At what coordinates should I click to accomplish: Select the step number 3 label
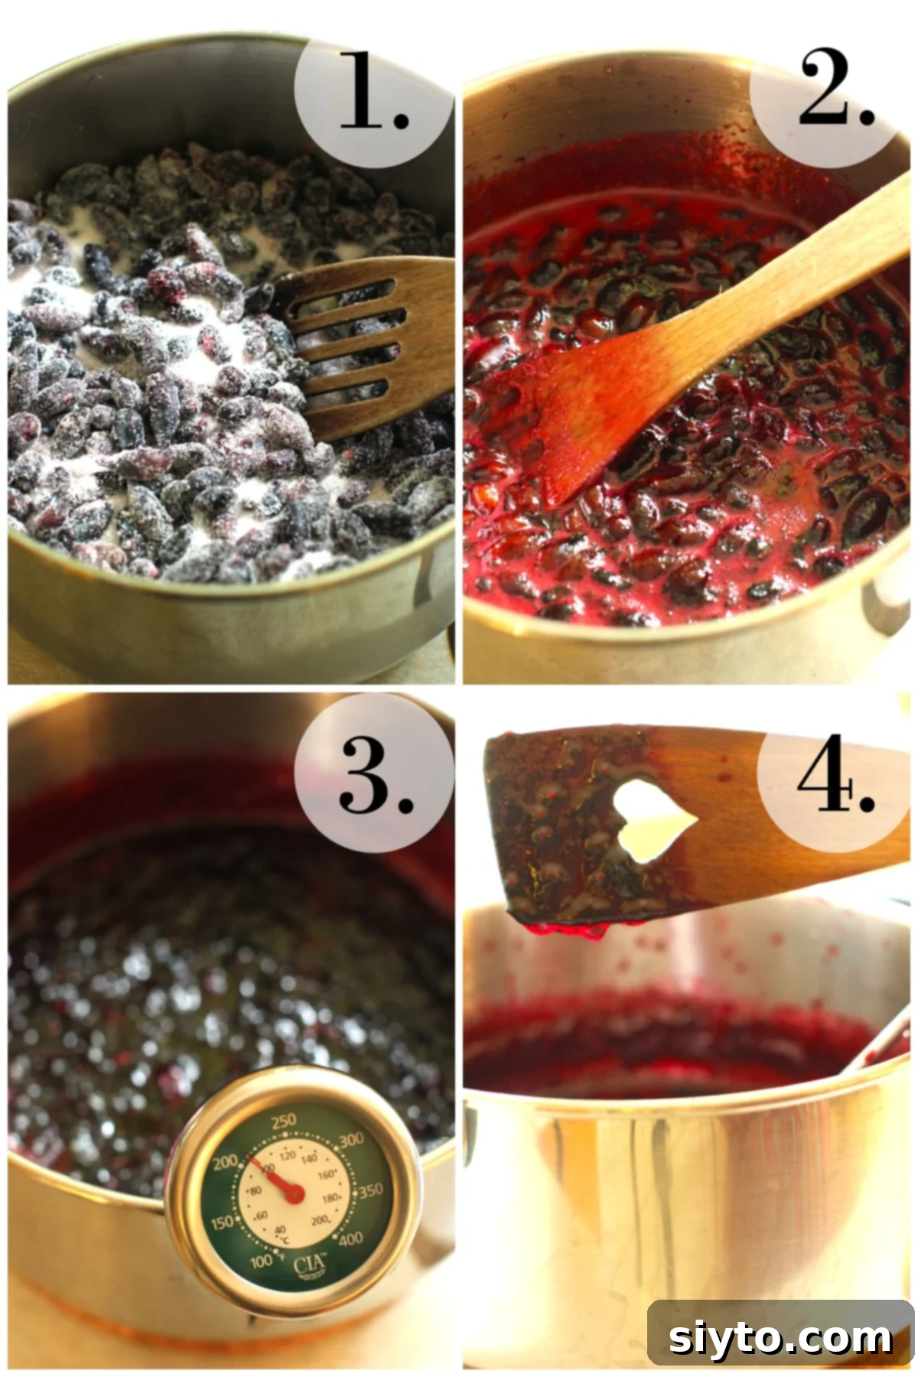pyautogui.click(x=374, y=778)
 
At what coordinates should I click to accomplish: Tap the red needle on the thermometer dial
pyautogui.click(x=275, y=1178)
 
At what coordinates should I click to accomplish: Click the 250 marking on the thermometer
pyautogui.click(x=283, y=1121)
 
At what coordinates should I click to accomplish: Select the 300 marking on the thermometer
pyautogui.click(x=350, y=1141)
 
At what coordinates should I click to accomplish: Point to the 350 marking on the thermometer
pyautogui.click(x=371, y=1190)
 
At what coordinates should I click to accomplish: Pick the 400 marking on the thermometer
pyautogui.click(x=350, y=1240)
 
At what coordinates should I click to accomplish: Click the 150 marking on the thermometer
pyautogui.click(x=222, y=1222)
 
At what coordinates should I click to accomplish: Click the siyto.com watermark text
pyautogui.click(x=780, y=1339)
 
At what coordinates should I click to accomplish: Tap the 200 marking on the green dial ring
pyautogui.click(x=226, y=1163)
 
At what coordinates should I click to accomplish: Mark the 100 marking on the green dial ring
pyautogui.click(x=262, y=1261)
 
